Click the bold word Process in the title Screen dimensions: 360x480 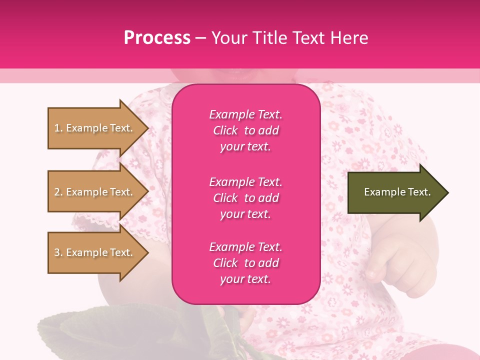(157, 38)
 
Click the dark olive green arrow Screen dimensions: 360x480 (395, 192)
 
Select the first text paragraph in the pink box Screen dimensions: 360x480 (245, 130)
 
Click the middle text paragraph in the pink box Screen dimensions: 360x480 (245, 198)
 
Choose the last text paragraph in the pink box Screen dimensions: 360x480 (245, 263)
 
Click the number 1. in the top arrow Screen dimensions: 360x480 (58, 128)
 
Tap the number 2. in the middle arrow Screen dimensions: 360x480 (58, 192)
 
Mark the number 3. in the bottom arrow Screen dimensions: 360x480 (58, 252)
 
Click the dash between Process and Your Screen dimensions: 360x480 (201, 38)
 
